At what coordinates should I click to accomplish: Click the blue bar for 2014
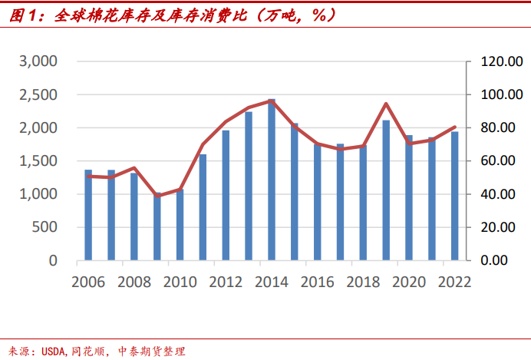(272, 180)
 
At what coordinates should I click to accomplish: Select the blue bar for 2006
(88, 215)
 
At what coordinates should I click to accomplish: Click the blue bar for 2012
(226, 195)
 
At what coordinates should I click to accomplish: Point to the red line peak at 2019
(385, 104)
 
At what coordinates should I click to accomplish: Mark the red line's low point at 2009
(157, 196)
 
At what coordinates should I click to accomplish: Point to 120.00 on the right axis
(496, 61)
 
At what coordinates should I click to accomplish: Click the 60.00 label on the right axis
(500, 161)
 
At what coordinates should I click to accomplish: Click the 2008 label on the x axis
(134, 282)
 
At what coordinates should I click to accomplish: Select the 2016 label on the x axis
(317, 282)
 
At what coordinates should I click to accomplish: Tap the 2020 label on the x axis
(408, 282)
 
